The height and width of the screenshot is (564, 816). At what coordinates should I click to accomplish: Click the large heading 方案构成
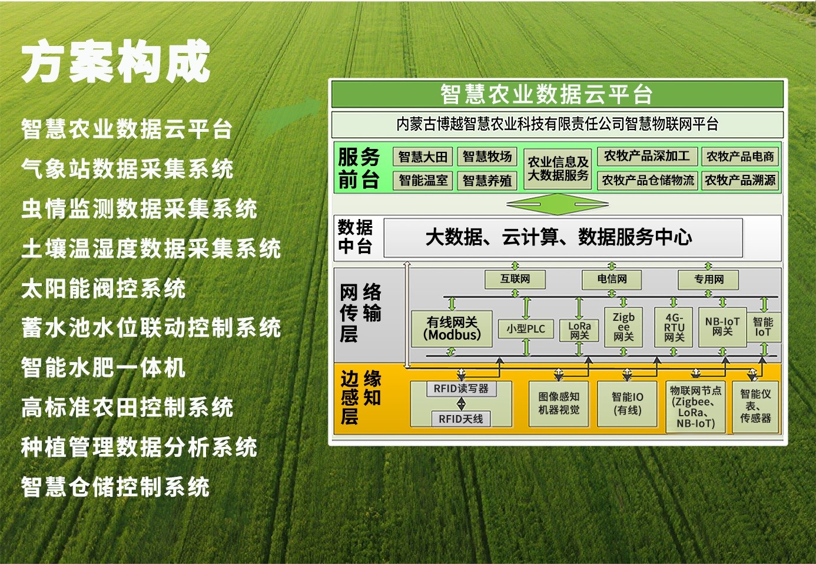115,61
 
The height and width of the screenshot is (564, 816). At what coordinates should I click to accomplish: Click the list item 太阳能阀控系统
104,288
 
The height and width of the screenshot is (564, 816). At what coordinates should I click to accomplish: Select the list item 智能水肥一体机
104,367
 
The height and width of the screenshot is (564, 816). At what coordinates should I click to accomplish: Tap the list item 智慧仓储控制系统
115,486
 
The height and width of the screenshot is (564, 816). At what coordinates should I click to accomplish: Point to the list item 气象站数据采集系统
127,168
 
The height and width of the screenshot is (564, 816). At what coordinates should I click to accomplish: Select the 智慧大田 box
423,157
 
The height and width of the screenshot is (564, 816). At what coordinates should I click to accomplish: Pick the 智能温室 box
423,180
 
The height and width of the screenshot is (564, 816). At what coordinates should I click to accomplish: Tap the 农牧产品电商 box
740,157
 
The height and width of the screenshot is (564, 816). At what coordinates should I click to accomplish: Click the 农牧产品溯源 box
740,180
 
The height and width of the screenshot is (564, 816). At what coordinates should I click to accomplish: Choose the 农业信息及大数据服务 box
558,169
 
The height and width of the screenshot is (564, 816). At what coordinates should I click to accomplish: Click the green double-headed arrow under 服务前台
558,204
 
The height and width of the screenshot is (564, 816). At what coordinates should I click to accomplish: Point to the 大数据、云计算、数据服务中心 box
563,237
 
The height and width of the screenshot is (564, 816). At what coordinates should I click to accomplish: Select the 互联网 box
515,280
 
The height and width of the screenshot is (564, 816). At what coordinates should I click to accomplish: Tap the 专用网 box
708,280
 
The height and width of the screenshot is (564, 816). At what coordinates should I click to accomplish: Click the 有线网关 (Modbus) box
452,329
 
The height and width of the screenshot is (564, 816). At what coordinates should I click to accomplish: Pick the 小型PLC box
526,329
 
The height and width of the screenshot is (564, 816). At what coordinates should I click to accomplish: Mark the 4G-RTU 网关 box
674,327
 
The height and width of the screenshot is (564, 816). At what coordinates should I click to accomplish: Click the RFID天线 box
460,419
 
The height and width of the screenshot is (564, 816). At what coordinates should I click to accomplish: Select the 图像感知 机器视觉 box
559,404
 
